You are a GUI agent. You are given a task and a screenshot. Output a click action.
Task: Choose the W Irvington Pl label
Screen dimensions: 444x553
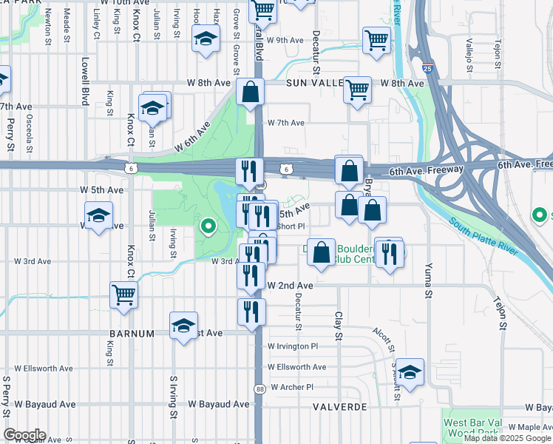[x=293, y=346]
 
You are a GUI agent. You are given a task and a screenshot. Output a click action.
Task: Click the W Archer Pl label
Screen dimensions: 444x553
[x=292, y=387]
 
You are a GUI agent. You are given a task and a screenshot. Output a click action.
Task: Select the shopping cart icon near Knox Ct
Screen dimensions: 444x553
[x=124, y=295]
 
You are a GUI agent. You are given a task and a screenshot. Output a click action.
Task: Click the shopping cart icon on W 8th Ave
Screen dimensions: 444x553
[x=358, y=90]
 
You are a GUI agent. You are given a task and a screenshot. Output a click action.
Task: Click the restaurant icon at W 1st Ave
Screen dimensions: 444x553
[x=251, y=311]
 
